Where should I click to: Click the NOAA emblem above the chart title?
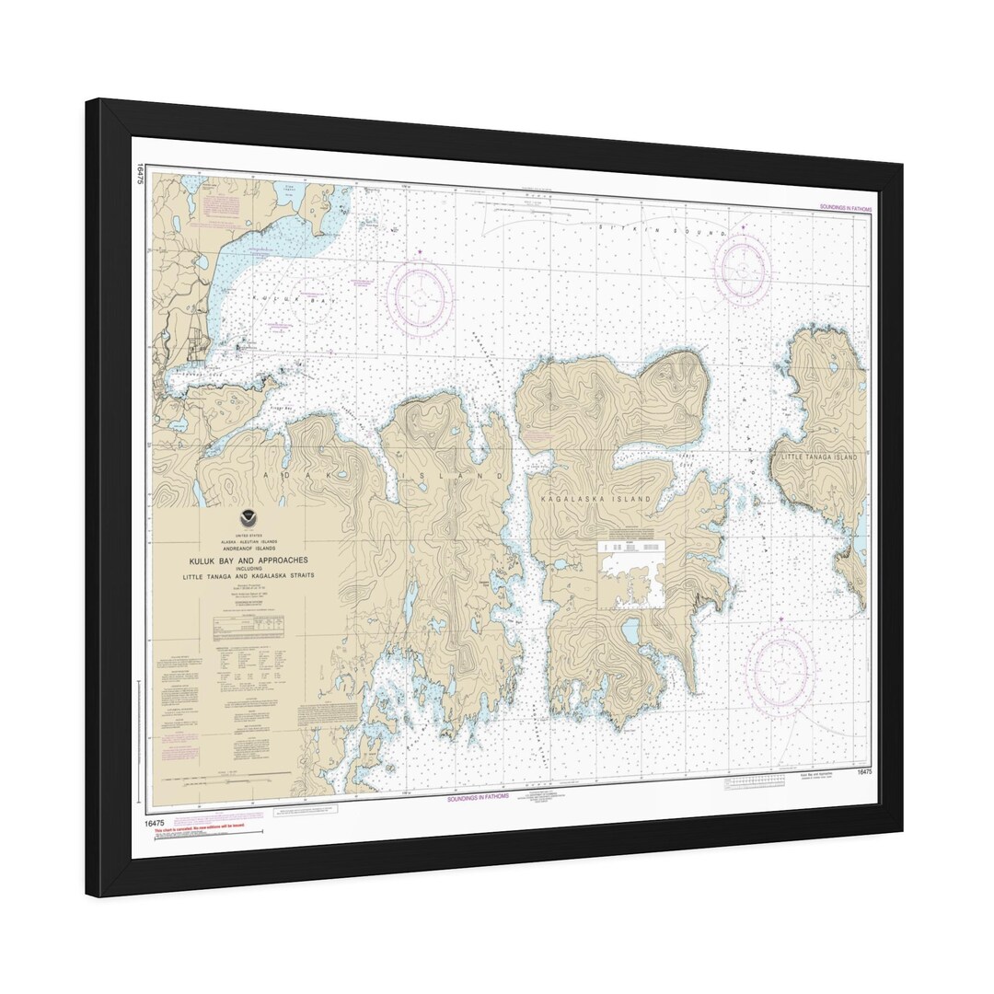click(247, 517)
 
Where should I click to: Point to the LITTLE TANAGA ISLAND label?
click(818, 457)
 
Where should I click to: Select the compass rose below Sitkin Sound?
click(742, 269)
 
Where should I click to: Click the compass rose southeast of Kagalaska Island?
click(780, 671)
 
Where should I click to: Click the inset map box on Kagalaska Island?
click(632, 575)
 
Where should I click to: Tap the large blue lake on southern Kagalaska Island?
click(630, 630)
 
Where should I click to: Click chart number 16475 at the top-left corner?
click(140, 174)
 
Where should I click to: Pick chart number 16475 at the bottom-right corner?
click(863, 772)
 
